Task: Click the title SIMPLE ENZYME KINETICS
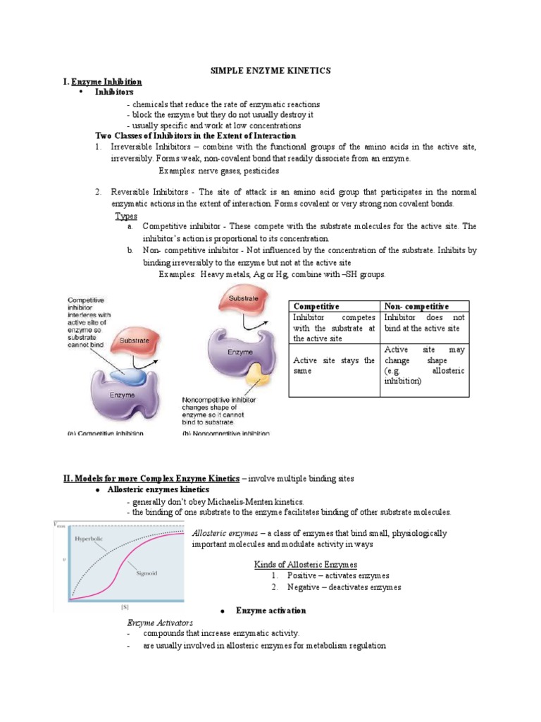click(x=271, y=71)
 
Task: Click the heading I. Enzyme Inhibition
click(x=102, y=82)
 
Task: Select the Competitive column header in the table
click(x=316, y=306)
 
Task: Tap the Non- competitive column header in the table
click(x=416, y=306)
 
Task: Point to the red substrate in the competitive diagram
click(x=133, y=341)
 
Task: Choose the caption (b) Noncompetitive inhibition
click(x=225, y=433)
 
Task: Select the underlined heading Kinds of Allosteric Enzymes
click(x=305, y=564)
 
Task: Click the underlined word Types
click(x=126, y=216)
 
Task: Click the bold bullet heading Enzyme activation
click(x=270, y=610)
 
